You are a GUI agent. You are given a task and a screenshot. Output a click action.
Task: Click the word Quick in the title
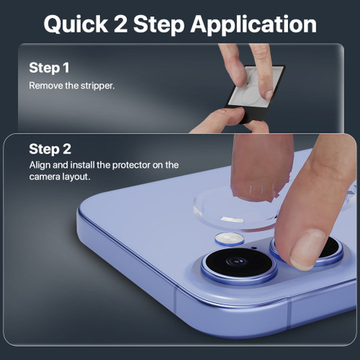pyautogui.click(x=76, y=24)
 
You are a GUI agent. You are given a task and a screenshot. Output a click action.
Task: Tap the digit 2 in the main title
pyautogui.click(x=121, y=24)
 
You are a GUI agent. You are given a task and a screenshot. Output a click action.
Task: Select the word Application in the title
pyautogui.click(x=253, y=25)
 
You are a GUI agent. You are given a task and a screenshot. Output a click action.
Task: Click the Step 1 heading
pyautogui.click(x=49, y=68)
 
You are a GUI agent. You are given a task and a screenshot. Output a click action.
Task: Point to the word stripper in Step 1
pyautogui.click(x=97, y=86)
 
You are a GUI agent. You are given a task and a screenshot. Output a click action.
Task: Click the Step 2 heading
pyautogui.click(x=50, y=149)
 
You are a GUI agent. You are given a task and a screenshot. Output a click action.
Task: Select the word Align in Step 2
pyautogui.click(x=40, y=166)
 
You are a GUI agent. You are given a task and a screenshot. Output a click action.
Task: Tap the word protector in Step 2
pyautogui.click(x=131, y=166)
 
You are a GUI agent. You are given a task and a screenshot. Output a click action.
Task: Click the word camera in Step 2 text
pyautogui.click(x=44, y=177)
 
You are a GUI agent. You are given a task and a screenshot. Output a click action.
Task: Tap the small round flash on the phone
pyautogui.click(x=229, y=238)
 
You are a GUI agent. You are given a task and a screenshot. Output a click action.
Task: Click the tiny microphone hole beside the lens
pyautogui.click(x=254, y=248)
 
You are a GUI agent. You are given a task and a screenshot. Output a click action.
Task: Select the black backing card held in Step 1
pyautogui.click(x=254, y=94)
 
